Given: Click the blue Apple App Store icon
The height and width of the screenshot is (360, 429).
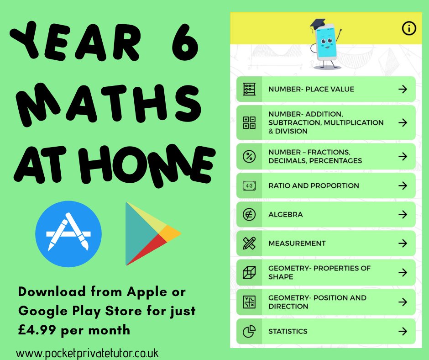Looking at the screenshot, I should point(68,234).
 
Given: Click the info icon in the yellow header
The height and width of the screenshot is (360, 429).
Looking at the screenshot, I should point(409,28).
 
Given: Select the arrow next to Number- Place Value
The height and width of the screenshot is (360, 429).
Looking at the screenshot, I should point(402,89).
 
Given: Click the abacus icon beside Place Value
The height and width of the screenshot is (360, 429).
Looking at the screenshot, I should point(249,89).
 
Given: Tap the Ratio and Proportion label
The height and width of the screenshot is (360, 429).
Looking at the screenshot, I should point(314,185).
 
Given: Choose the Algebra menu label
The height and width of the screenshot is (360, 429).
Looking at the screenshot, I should point(285,214).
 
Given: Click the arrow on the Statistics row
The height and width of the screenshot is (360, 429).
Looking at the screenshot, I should point(402,331).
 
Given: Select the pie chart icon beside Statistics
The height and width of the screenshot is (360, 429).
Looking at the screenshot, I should point(249,332).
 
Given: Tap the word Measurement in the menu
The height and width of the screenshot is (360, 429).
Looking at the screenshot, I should point(297,244).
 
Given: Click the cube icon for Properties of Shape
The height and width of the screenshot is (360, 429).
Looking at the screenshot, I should point(249,273).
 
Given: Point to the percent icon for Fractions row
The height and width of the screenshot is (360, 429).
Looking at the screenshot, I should point(249,156).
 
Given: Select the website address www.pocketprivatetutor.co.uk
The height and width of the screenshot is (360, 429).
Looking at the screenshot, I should point(87,353).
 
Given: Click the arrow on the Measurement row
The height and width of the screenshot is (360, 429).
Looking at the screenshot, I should point(402,244).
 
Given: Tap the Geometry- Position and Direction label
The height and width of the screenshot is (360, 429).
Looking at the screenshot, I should point(317,302).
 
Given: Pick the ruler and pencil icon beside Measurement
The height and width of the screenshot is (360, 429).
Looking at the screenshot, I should point(249,244).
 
